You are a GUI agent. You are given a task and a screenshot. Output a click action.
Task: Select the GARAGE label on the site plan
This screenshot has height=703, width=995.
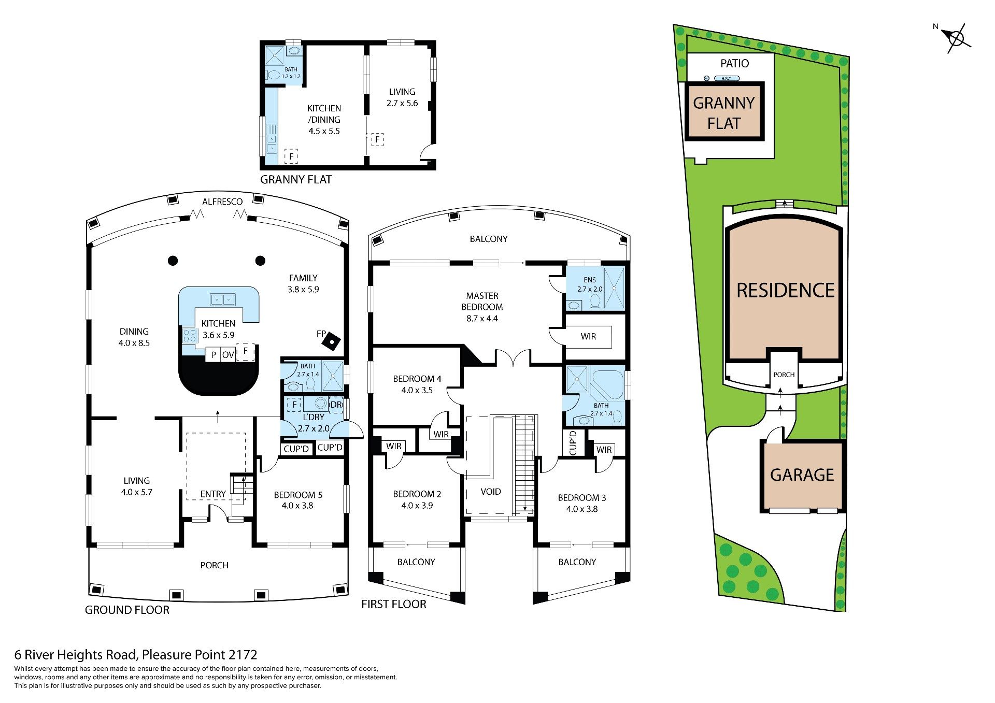pyautogui.click(x=802, y=475)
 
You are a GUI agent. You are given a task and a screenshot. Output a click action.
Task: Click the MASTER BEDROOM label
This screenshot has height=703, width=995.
pyautogui.click(x=482, y=301)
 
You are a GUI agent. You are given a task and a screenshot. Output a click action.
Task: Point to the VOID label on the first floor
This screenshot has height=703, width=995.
pyautogui.click(x=491, y=492)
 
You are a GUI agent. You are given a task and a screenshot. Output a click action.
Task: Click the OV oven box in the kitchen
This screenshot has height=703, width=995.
pyautogui.click(x=228, y=355)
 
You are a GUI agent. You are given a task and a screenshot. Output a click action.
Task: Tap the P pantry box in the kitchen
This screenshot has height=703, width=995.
pyautogui.click(x=213, y=355)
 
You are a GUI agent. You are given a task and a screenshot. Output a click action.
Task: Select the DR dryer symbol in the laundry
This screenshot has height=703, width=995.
pyautogui.click(x=336, y=405)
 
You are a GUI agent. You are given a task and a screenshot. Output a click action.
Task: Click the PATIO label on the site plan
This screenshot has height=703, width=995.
pyautogui.click(x=735, y=63)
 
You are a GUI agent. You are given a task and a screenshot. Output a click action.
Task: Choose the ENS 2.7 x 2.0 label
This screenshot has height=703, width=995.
pyautogui.click(x=590, y=284)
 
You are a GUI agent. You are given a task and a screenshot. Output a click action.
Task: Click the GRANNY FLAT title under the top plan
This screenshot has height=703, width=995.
pyautogui.click(x=296, y=179)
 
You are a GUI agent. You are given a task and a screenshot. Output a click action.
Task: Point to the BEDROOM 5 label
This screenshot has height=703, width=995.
pyautogui.click(x=298, y=495)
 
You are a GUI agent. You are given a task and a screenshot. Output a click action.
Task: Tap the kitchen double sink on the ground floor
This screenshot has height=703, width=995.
pyautogui.click(x=223, y=299)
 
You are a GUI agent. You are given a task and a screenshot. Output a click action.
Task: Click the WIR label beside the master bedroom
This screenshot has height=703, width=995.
pyautogui.click(x=588, y=336)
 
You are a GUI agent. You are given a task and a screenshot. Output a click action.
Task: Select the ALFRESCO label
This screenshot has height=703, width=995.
pyautogui.click(x=222, y=202)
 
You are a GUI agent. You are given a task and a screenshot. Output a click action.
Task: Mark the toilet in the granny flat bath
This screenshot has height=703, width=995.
pyautogui.click(x=274, y=75)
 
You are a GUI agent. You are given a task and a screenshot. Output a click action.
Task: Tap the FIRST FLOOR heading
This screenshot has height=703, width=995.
pyautogui.click(x=394, y=604)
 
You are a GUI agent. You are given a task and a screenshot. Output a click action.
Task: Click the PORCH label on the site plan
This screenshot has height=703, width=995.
pyautogui.click(x=784, y=375)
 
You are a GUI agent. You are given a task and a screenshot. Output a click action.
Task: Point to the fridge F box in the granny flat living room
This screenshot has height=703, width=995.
pyautogui.click(x=377, y=139)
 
